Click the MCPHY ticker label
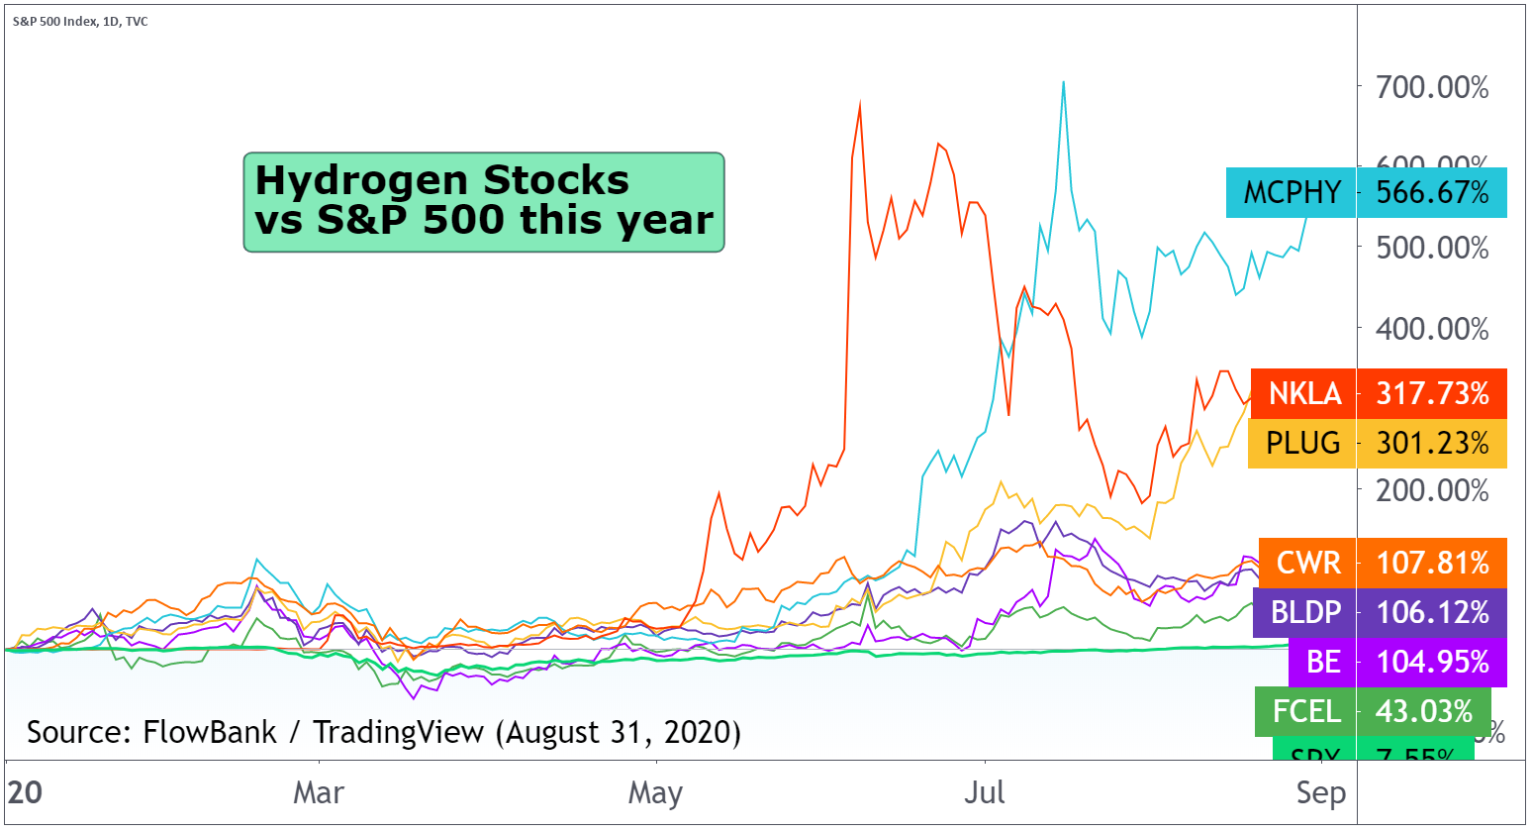pyautogui.click(x=1292, y=192)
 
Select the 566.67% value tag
pyautogui.click(x=1432, y=192)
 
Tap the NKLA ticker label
pyautogui.click(x=1304, y=393)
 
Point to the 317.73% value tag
pyautogui.click(x=1432, y=393)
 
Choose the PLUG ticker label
pyautogui.click(x=1302, y=443)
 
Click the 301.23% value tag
pyautogui.click(x=1432, y=443)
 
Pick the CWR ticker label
pyautogui.click(x=1308, y=563)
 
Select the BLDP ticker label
pyautogui.click(x=1305, y=612)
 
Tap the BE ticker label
pyautogui.click(x=1323, y=662)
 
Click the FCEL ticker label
pyautogui.click(x=1306, y=711)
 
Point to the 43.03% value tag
pyautogui.click(x=1424, y=711)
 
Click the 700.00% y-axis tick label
pyautogui.click(x=1432, y=87)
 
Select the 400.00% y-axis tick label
pyautogui.click(x=1432, y=328)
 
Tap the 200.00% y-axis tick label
pyautogui.click(x=1432, y=489)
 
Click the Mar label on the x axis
pyautogui.click(x=319, y=792)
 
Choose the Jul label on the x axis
pyautogui.click(x=985, y=792)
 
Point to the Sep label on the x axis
pyautogui.click(x=1321, y=792)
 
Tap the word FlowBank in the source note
pyautogui.click(x=210, y=732)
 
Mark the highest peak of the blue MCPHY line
pyautogui.click(x=1063, y=82)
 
